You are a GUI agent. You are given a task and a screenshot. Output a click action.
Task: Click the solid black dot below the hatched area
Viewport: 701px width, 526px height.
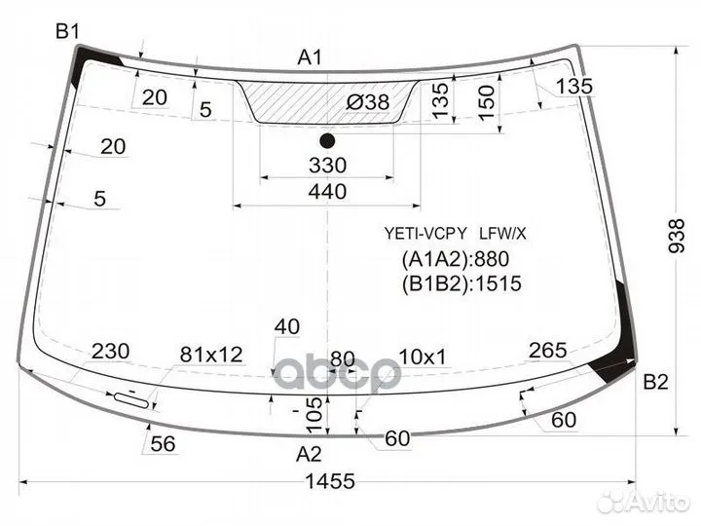click(327, 141)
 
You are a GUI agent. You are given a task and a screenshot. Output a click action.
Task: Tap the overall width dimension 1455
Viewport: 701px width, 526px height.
click(330, 481)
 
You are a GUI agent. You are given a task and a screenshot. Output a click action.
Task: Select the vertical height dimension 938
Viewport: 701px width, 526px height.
click(677, 236)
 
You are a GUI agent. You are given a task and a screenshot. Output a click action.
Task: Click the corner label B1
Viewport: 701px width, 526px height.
click(67, 31)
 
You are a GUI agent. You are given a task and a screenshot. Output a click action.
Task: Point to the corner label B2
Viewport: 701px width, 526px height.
click(655, 382)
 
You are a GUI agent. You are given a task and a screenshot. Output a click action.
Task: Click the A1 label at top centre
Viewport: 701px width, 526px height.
click(310, 57)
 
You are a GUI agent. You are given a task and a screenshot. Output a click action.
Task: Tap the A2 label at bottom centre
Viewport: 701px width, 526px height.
click(309, 454)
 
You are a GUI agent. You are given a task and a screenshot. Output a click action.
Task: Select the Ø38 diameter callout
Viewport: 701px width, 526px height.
click(368, 102)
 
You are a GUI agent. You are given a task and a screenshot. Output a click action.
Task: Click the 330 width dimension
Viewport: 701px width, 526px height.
click(327, 165)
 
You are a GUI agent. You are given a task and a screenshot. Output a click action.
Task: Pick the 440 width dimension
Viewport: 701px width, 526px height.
click(327, 192)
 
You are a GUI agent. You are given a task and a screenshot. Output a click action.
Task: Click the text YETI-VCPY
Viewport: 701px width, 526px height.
click(425, 233)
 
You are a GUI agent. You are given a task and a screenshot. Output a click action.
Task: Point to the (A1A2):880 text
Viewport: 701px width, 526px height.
click(456, 259)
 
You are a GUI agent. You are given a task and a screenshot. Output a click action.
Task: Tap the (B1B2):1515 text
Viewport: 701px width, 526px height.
click(461, 283)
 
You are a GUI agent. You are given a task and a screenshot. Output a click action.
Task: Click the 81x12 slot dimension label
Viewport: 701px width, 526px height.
click(211, 355)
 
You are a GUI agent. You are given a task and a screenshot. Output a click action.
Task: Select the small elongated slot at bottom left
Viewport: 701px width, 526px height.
click(131, 400)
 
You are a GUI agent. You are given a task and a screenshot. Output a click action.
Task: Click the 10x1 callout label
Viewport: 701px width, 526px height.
click(422, 357)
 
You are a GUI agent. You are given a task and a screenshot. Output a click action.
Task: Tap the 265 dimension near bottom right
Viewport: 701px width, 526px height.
click(547, 351)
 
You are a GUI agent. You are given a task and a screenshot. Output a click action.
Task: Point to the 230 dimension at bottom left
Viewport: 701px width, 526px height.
click(110, 351)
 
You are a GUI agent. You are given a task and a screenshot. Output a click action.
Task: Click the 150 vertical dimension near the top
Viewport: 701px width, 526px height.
click(487, 103)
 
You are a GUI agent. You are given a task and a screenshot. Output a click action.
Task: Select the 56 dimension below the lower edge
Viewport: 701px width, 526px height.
click(163, 444)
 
